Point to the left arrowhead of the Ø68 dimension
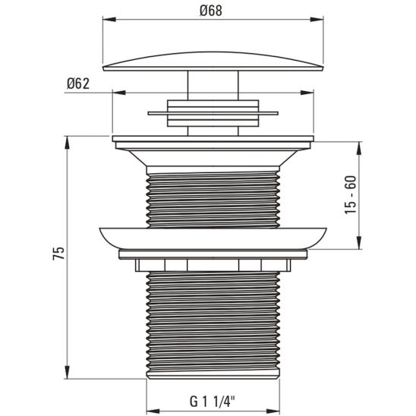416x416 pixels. pyautogui.click(x=106, y=22)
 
